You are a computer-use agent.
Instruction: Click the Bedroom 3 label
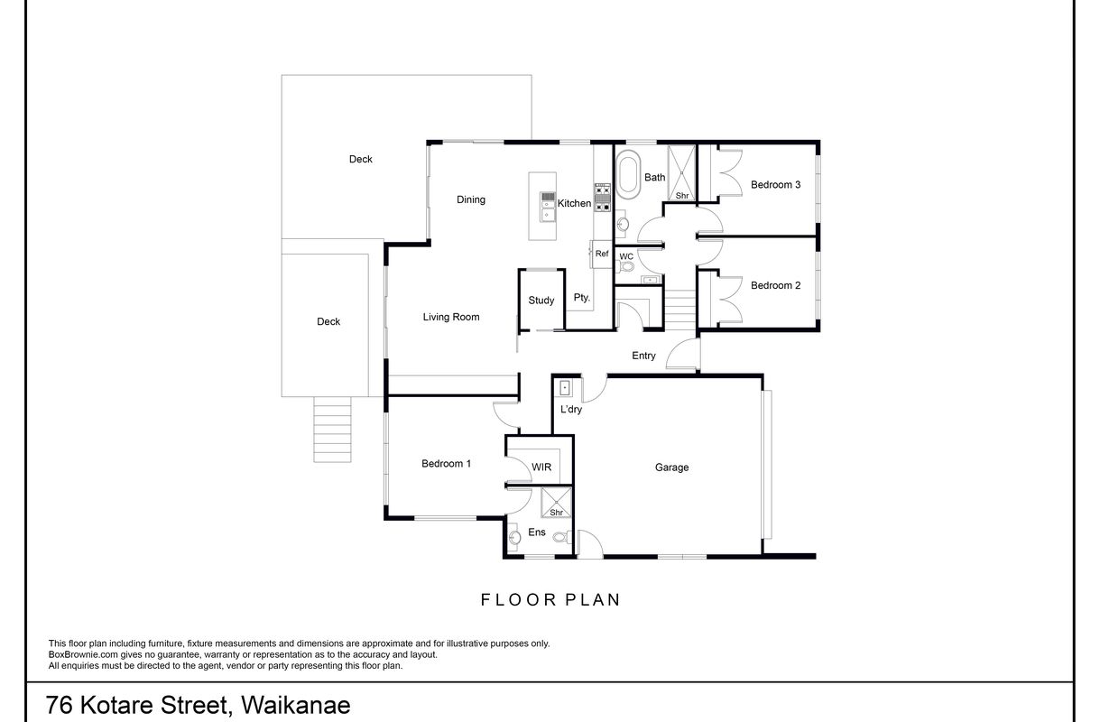(775, 185)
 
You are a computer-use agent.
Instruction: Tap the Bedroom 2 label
(775, 285)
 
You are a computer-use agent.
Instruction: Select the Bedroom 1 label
(446, 464)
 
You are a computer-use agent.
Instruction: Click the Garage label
(671, 467)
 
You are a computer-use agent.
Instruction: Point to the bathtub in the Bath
(628, 175)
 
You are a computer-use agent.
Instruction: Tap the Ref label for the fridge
(602, 255)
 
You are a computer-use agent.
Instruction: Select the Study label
(541, 301)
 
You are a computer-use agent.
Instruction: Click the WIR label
(541, 467)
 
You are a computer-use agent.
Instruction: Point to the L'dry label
(570, 410)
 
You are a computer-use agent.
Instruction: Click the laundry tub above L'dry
(565, 389)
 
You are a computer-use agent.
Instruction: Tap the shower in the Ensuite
(556, 503)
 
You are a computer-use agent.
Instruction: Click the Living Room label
(451, 317)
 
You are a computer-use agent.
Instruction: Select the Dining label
(471, 199)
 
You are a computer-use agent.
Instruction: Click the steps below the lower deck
(331, 430)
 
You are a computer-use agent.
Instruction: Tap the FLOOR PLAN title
(550, 599)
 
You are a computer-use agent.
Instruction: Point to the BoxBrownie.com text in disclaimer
(80, 654)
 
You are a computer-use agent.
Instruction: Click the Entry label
(643, 356)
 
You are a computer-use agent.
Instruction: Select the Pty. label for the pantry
(581, 298)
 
